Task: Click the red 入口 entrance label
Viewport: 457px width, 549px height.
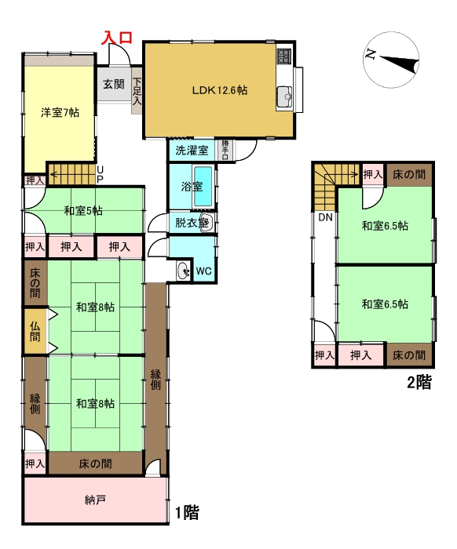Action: click(117, 38)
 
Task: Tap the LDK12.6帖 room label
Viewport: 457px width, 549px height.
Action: click(220, 90)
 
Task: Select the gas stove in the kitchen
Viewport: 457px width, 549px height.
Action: click(284, 56)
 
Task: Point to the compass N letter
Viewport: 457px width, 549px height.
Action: click(371, 54)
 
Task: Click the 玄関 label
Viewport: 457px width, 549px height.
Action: click(114, 84)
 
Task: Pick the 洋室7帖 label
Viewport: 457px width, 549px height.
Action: click(60, 112)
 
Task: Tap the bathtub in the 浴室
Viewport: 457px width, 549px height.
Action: click(203, 186)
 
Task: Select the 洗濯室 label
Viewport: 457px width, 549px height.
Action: click(192, 151)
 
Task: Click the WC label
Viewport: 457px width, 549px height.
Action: click(203, 271)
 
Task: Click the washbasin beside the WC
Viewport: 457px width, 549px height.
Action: click(183, 271)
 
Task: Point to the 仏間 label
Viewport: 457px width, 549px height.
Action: click(35, 332)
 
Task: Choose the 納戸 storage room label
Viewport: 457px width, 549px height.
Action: click(95, 500)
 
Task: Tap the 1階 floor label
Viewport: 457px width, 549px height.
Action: click(188, 513)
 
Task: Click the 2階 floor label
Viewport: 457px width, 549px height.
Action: click(419, 382)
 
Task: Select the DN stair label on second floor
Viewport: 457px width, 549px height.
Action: click(325, 217)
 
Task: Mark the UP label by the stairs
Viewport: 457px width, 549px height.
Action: click(100, 174)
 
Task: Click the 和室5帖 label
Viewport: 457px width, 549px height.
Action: click(83, 211)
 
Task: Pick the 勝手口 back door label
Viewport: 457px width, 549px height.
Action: click(225, 150)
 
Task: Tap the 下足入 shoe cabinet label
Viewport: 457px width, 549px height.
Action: click(137, 91)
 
